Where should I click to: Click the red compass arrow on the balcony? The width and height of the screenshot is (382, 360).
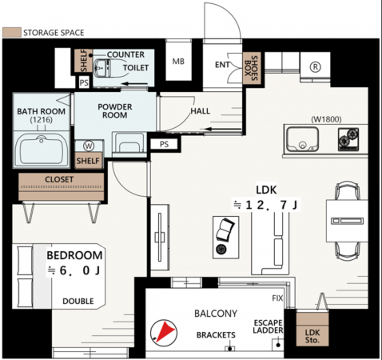165,331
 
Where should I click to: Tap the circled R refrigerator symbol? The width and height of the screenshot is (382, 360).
315,67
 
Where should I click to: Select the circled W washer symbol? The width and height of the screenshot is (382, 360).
89,146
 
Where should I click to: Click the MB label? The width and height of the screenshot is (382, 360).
178,62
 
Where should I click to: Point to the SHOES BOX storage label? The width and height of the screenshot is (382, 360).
251,68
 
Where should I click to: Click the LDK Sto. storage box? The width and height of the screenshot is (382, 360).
312,329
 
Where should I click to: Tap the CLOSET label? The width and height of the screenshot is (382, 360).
59,179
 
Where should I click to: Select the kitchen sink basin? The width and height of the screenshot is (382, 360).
302,139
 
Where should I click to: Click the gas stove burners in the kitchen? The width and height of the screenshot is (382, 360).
348,139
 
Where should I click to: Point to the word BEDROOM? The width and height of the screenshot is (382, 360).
74,255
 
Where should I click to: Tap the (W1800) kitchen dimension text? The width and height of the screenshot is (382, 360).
326,119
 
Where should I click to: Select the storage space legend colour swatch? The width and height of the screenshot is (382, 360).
12,32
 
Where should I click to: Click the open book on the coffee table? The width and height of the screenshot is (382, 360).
225,229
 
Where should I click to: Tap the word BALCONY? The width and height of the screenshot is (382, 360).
216,314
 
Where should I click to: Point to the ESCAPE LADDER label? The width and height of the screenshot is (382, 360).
268,326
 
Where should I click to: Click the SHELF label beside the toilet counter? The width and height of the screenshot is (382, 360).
84,61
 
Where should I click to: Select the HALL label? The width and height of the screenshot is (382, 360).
201,110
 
